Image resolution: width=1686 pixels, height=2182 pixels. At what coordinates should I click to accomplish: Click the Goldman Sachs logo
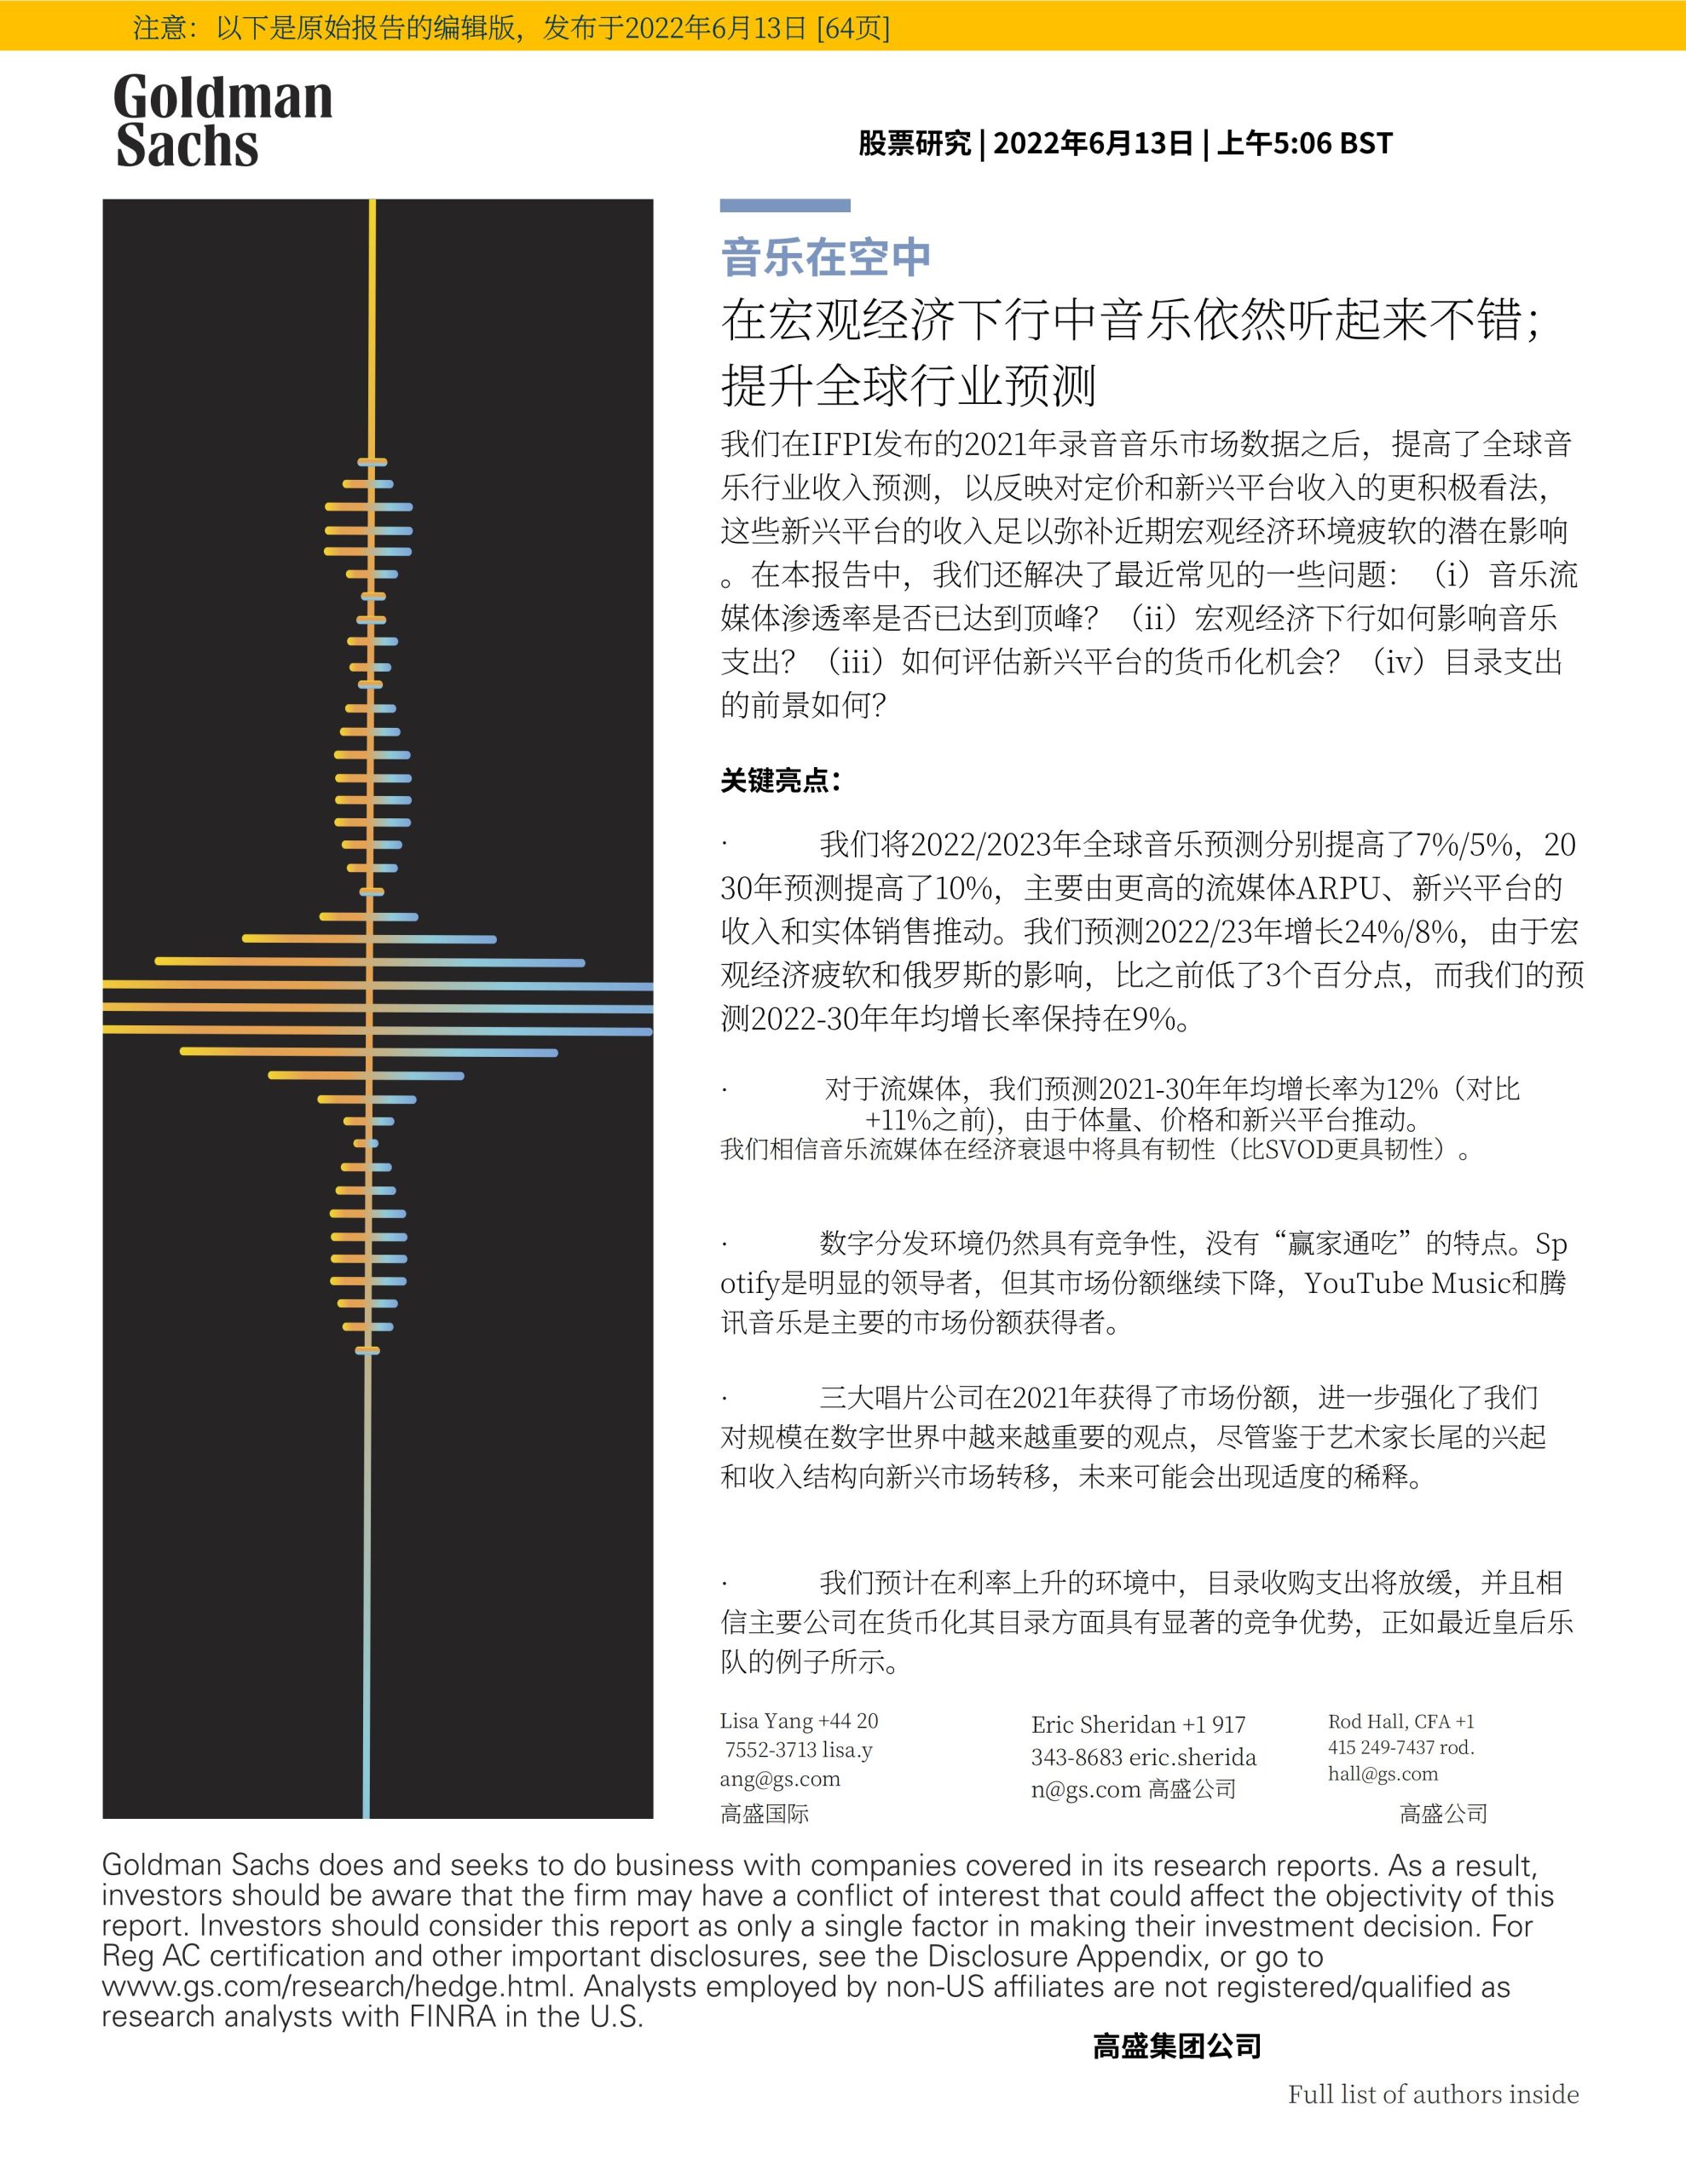click(x=222, y=121)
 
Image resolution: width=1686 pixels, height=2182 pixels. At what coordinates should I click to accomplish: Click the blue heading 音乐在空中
click(x=825, y=257)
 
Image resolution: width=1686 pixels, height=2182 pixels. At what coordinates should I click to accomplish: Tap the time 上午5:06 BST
click(x=1303, y=144)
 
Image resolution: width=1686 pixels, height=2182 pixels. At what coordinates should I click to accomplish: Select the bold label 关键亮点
click(x=780, y=780)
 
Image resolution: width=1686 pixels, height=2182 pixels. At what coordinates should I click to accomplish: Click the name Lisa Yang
click(x=765, y=1720)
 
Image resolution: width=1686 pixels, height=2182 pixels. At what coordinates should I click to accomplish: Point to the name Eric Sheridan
click(x=1103, y=1724)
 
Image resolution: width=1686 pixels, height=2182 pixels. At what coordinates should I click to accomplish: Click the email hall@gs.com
click(x=1383, y=1774)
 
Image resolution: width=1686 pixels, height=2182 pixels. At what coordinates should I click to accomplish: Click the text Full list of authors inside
click(x=1432, y=2094)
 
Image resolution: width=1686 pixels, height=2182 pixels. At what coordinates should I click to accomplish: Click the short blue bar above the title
click(x=784, y=205)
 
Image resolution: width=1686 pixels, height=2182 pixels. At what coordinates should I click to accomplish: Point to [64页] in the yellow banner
click(x=852, y=27)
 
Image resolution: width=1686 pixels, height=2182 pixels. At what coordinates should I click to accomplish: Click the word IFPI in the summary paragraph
click(x=840, y=443)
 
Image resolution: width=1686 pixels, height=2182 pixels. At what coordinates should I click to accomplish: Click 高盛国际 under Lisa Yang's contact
click(x=765, y=1813)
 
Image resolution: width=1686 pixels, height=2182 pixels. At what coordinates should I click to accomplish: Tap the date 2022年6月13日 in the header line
click(x=1093, y=144)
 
